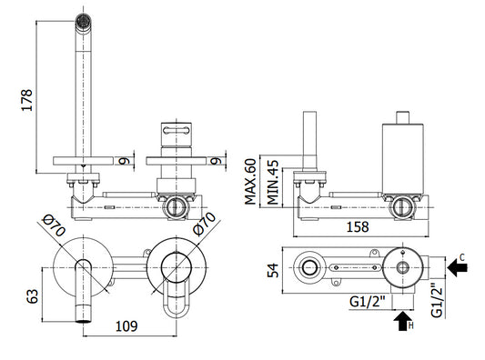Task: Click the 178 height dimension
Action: pos(26,100)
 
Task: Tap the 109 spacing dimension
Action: pos(126,326)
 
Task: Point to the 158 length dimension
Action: pos(358,226)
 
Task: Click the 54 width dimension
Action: pos(273,270)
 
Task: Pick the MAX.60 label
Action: pos(250,182)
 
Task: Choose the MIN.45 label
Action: pos(273,183)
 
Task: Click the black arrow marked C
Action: pos(458,267)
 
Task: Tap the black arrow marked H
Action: pos(403,321)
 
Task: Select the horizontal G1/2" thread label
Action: pos(368,301)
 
